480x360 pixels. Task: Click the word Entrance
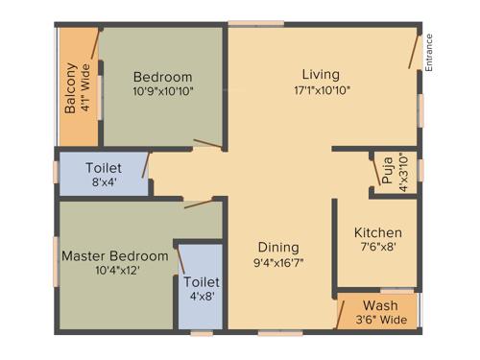click(429, 54)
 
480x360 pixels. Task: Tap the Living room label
click(321, 74)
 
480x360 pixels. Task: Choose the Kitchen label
click(377, 232)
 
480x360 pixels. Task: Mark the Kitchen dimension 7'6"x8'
click(377, 248)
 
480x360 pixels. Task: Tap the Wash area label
click(380, 306)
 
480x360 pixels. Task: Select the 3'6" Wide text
click(380, 322)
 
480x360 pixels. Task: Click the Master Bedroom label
click(114, 256)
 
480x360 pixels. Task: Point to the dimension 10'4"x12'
click(114, 273)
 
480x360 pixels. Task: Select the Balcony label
click(71, 88)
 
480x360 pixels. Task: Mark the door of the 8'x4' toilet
click(146, 164)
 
